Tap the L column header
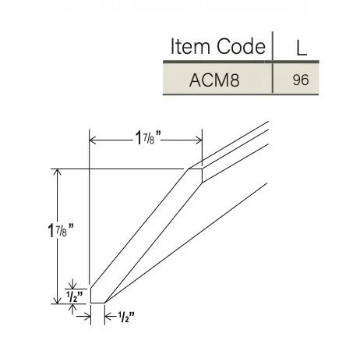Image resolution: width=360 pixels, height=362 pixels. (301, 48)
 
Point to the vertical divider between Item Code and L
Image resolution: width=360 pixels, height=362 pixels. (273, 62)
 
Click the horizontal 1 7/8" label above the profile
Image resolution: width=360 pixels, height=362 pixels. (146, 140)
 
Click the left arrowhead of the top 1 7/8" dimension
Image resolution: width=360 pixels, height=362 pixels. (94, 140)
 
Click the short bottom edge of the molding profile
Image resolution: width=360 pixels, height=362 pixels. (97, 302)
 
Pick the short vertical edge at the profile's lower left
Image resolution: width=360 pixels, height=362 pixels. (90, 294)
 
